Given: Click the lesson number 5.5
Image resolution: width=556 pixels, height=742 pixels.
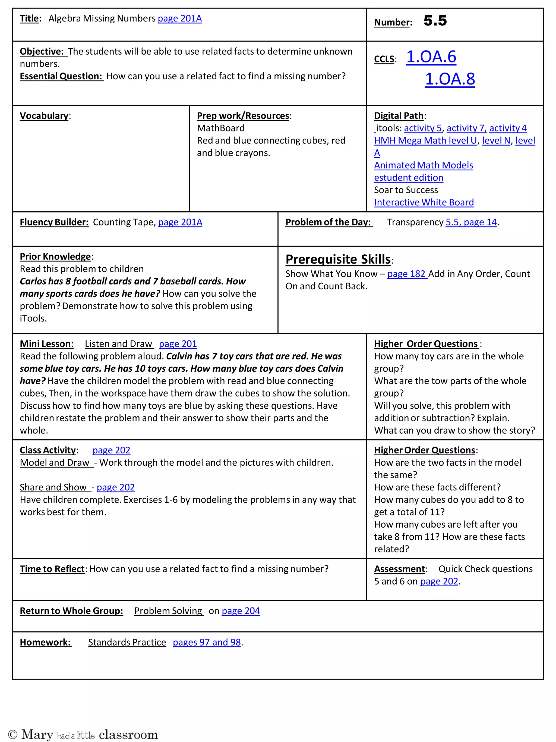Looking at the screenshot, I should click(435, 21).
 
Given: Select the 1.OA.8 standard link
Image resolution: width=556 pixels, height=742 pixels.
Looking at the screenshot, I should click(450, 79).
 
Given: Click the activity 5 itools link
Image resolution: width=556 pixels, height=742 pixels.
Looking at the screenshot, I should click(423, 128).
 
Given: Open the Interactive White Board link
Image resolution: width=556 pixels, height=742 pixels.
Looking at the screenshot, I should click(424, 202).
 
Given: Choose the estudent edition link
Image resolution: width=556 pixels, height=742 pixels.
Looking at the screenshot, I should click(408, 178).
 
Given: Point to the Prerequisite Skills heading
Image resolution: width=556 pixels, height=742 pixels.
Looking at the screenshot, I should click(338, 259).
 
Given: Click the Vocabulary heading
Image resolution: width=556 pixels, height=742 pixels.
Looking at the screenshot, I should click(44, 116).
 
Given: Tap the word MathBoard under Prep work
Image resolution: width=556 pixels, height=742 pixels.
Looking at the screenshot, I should click(220, 128).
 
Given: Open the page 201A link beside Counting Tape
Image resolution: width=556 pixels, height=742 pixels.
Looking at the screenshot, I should click(180, 223).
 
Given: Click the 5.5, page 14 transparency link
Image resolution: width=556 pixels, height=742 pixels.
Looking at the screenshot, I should click(471, 223).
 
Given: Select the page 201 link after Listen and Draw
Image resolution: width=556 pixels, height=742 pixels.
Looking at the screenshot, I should click(178, 344).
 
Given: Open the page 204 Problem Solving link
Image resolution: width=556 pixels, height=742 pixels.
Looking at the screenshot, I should click(240, 611).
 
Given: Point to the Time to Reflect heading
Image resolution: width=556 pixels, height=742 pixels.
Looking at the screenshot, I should click(52, 569).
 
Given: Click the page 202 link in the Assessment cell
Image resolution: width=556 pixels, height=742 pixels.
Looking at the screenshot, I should click(439, 581).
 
